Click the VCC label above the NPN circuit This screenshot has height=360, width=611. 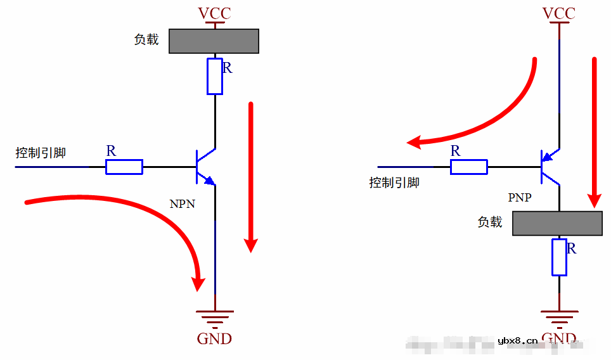click(x=215, y=13)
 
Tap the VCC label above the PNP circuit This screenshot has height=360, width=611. click(x=559, y=13)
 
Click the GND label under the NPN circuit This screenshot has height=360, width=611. click(x=215, y=338)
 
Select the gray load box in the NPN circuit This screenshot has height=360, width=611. click(x=214, y=41)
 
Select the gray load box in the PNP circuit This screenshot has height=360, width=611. click(x=557, y=223)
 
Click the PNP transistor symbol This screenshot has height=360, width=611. click(x=550, y=167)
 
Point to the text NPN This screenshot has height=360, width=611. click(x=183, y=204)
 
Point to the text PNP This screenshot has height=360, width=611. click(x=520, y=198)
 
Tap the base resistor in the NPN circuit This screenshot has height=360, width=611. click(x=124, y=167)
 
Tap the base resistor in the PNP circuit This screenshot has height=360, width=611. click(x=468, y=167)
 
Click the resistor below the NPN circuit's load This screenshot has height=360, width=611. click(x=215, y=76)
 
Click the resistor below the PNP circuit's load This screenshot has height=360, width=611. click(x=559, y=257)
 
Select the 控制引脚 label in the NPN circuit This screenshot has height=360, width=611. click(x=41, y=153)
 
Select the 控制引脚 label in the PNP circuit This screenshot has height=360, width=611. click(x=394, y=183)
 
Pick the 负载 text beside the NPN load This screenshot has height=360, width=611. click(x=146, y=39)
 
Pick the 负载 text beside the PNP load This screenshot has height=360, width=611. click(x=490, y=222)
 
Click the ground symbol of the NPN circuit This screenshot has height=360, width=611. click(x=215, y=316)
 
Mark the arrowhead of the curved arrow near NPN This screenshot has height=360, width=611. click(x=199, y=281)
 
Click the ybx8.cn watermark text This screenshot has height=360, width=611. click(x=518, y=341)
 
